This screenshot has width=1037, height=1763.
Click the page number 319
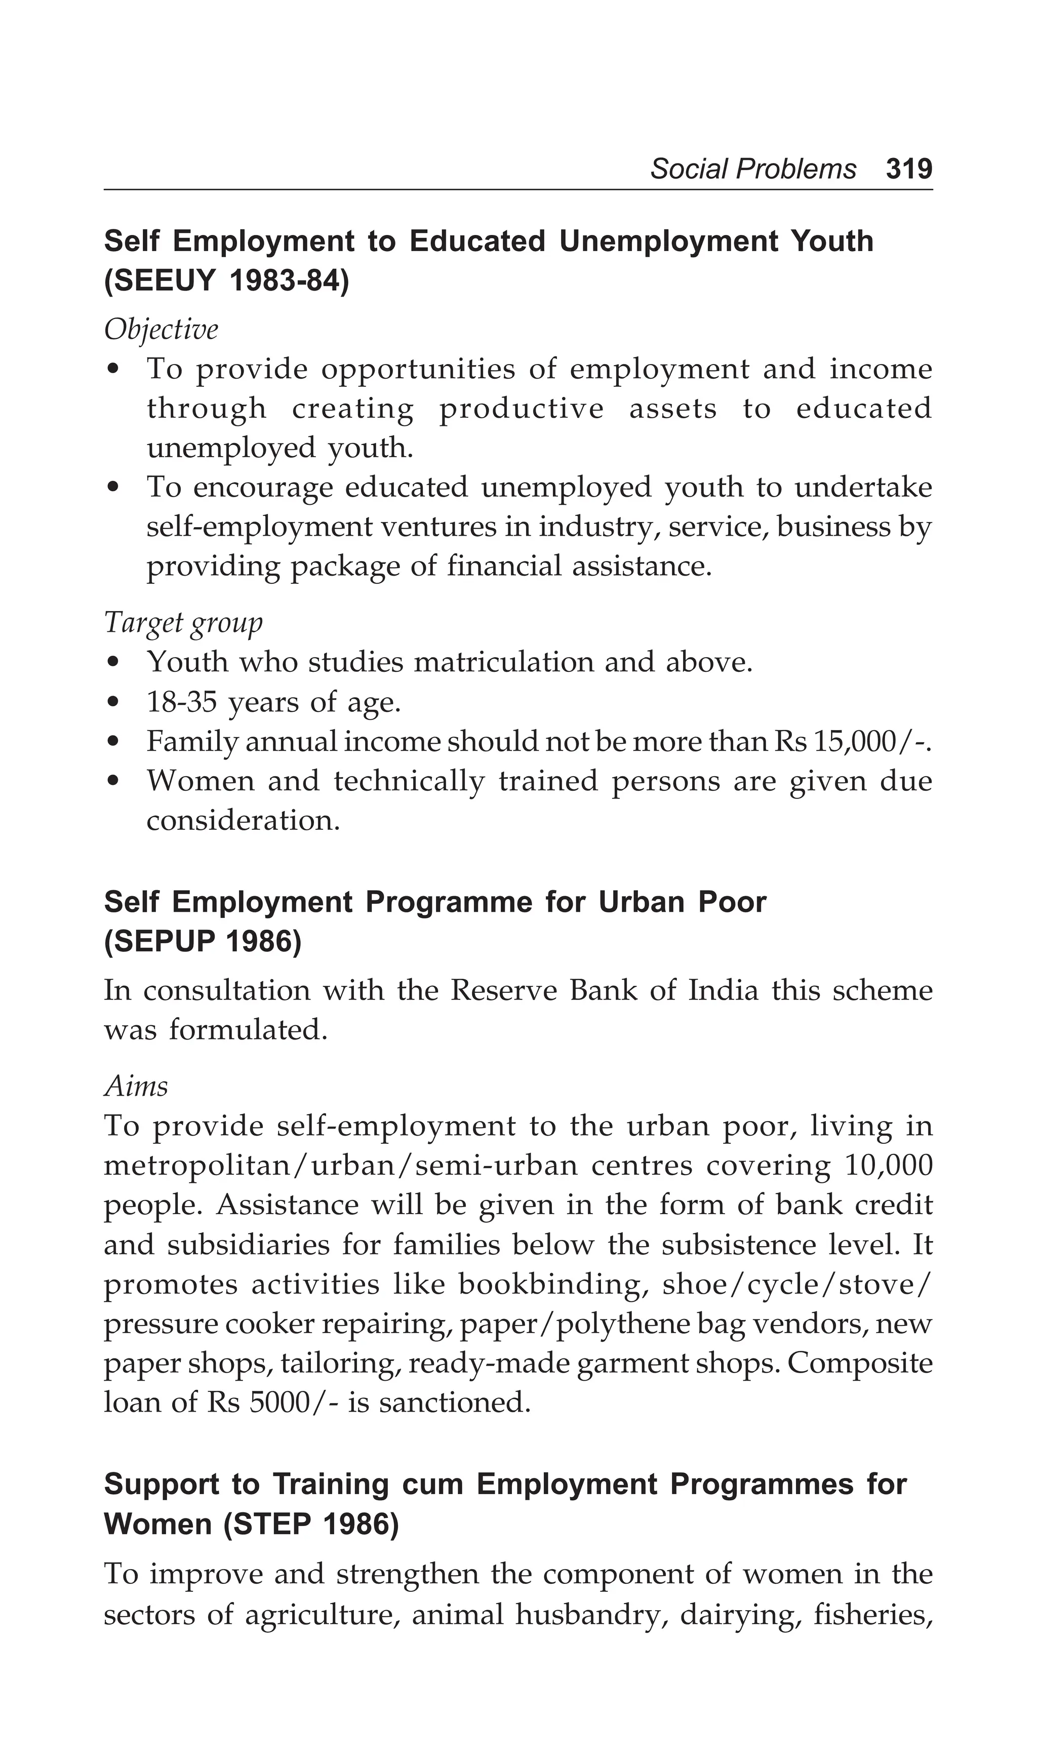(908, 169)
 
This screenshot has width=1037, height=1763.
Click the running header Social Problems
(753, 169)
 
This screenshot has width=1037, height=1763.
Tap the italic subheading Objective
(161, 330)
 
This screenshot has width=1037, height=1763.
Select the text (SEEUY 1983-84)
(226, 281)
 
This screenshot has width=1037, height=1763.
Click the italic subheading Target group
(183, 622)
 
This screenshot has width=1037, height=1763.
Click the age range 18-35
(181, 702)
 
